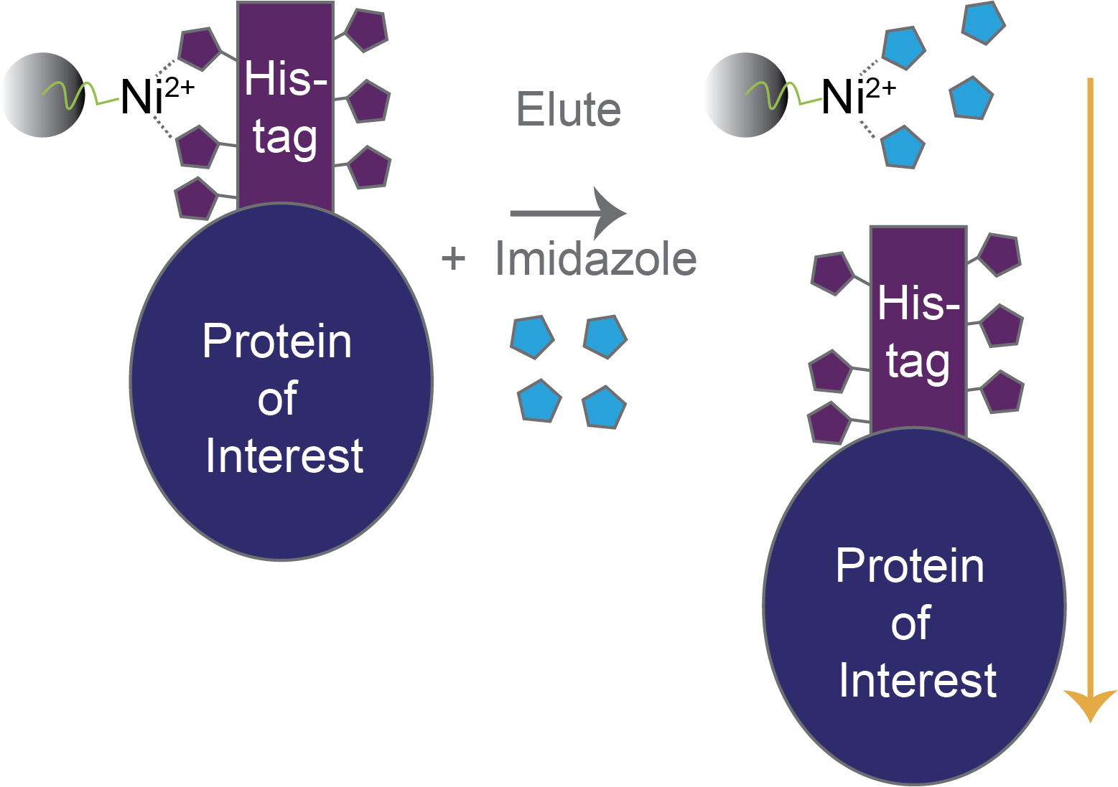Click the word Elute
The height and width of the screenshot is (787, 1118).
569,110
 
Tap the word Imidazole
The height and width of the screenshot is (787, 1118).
596,259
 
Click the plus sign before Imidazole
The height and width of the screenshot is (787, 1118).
453,258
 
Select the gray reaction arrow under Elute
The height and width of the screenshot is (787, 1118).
567,213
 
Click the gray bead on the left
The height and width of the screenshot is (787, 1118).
43,95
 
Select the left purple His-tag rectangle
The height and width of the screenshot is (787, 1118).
285,108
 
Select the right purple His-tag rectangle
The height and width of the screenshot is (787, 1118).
918,330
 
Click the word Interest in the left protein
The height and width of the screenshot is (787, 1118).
284,456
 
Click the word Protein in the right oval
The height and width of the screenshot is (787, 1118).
910,566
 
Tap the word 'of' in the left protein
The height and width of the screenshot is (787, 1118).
277,399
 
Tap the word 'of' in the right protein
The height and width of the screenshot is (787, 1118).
910,623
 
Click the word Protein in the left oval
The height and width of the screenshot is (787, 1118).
277,341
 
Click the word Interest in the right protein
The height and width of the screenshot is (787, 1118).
918,681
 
